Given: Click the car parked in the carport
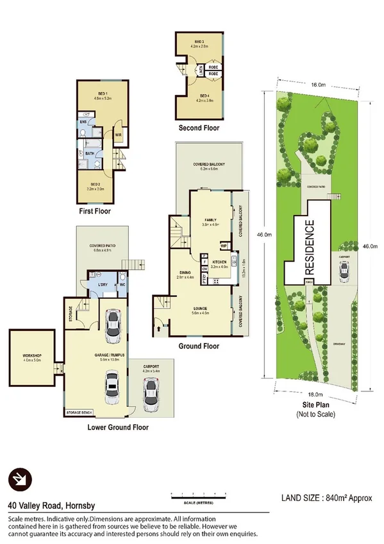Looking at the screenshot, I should pos(153,393).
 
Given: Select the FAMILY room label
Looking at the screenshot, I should pos(212,219).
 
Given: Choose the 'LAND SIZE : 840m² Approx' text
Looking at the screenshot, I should pos(327,498).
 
